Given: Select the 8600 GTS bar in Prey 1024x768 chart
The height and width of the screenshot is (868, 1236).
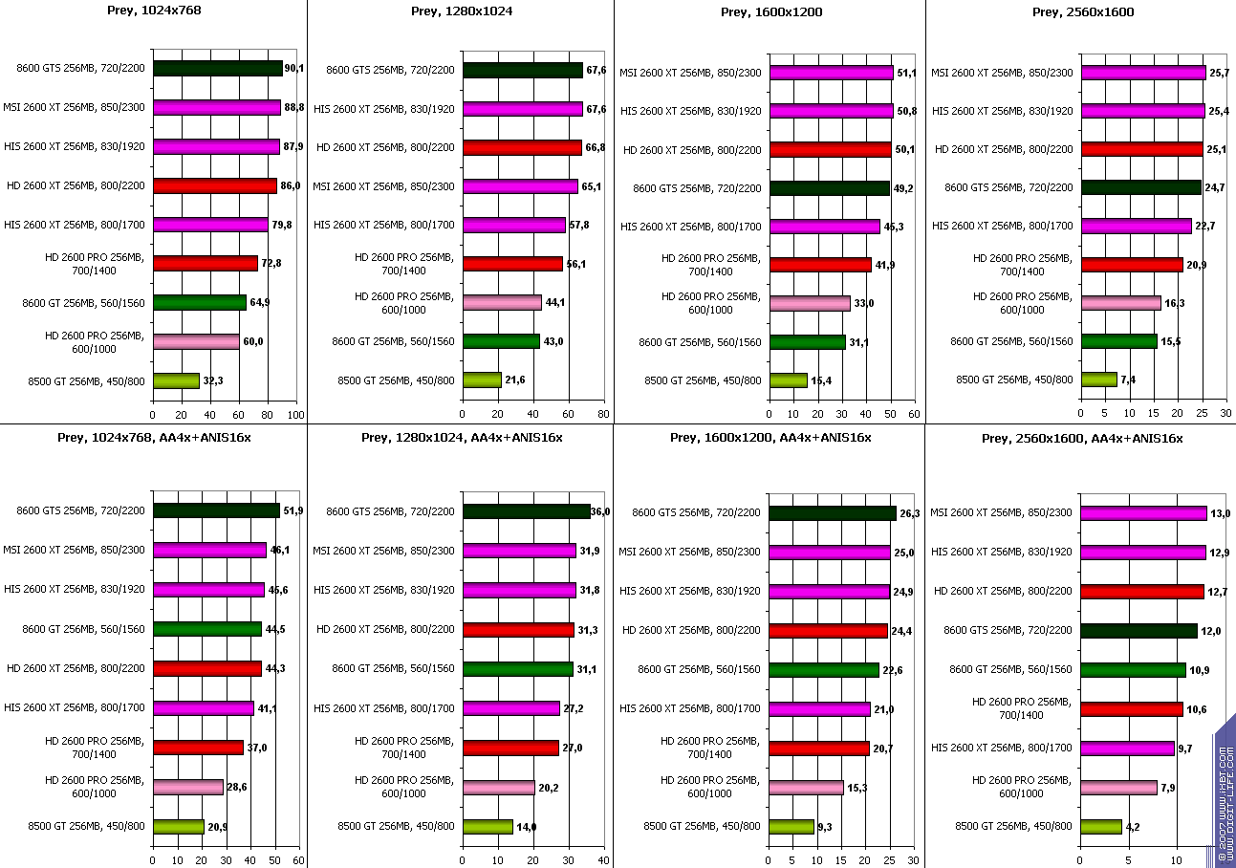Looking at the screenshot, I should click(218, 69).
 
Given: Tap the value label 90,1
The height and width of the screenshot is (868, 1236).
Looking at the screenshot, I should click(294, 69).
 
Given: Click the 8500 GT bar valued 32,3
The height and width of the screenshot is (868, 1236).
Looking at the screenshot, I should click(176, 380).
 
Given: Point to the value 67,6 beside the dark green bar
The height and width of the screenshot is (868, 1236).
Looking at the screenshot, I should click(595, 70).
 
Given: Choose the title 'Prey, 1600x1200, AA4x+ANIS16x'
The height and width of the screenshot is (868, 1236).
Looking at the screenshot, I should click(770, 438).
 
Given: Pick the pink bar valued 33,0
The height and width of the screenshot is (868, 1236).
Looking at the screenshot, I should click(810, 303).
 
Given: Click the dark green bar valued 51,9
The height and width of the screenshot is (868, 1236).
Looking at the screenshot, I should click(216, 510).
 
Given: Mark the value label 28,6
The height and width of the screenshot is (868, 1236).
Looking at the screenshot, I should click(236, 787).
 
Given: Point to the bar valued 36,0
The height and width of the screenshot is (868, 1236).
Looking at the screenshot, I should click(526, 511).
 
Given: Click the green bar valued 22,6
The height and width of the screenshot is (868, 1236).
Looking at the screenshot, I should click(824, 670).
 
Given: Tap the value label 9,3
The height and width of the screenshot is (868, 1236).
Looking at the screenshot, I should click(826, 827).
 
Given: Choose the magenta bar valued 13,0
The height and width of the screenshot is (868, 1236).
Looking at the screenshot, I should click(1143, 513).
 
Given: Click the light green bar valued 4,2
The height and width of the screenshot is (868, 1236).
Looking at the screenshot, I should click(1101, 827).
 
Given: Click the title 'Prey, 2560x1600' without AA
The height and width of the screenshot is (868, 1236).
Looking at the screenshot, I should click(1080, 11).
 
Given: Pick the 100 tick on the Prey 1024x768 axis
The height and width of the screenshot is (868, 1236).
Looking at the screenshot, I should click(295, 415).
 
